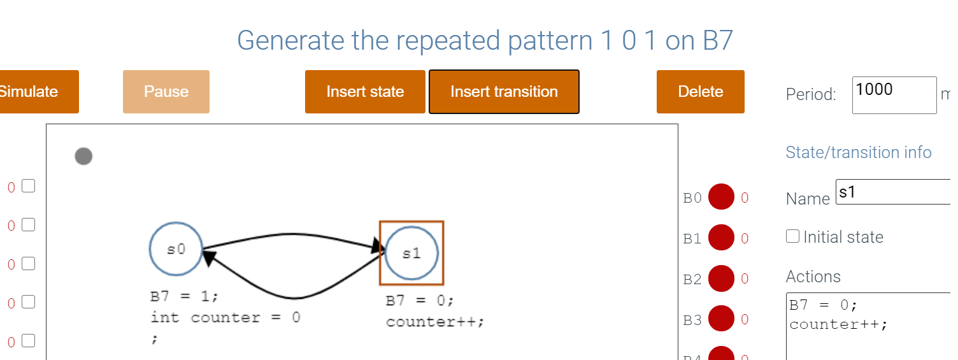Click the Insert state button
click(x=365, y=92)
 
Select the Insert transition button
click(x=504, y=92)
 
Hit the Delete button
click(x=700, y=92)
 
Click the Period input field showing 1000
click(x=894, y=94)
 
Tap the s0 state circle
click(x=176, y=249)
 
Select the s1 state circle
click(x=411, y=253)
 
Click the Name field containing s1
click(x=892, y=192)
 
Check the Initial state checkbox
click(x=793, y=236)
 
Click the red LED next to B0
click(x=721, y=198)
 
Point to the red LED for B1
click(x=721, y=238)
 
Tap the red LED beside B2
click(x=721, y=278)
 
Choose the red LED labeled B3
click(x=721, y=319)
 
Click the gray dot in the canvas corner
click(x=83, y=156)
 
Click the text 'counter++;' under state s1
click(x=435, y=321)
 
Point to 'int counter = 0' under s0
click(x=225, y=317)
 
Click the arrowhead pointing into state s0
click(x=211, y=259)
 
